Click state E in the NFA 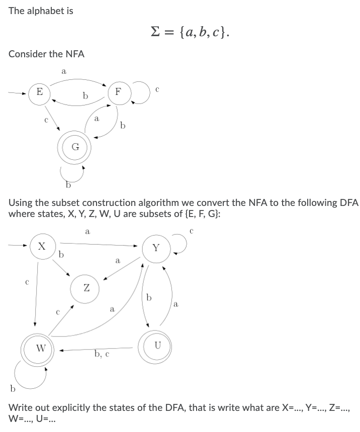click(39, 92)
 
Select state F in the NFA click(118, 92)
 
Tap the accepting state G click(75, 147)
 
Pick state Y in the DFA click(156, 248)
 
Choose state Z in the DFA click(86, 288)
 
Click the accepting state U click(158, 345)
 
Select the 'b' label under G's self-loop click(68, 185)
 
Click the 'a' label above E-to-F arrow click(63, 71)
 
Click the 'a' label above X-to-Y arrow click(87, 232)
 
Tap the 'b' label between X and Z click(61, 255)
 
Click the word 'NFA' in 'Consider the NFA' click(74, 54)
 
